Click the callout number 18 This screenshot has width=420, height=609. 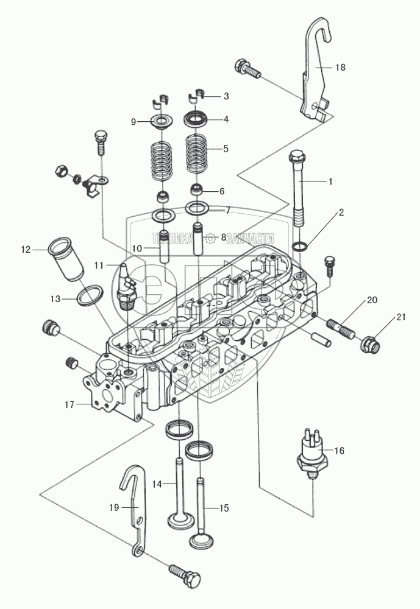coord(340,68)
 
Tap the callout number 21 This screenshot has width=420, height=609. coord(401,317)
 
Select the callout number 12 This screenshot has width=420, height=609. coord(26,250)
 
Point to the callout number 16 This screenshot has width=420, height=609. coord(339,451)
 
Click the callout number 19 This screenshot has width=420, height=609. coord(114,508)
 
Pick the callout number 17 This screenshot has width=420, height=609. coord(69,405)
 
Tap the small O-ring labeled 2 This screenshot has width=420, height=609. coord(301,246)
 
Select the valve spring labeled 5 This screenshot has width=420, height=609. coord(197,154)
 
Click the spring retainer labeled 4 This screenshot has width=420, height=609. coord(195,119)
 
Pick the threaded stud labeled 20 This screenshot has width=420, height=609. coord(342,329)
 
